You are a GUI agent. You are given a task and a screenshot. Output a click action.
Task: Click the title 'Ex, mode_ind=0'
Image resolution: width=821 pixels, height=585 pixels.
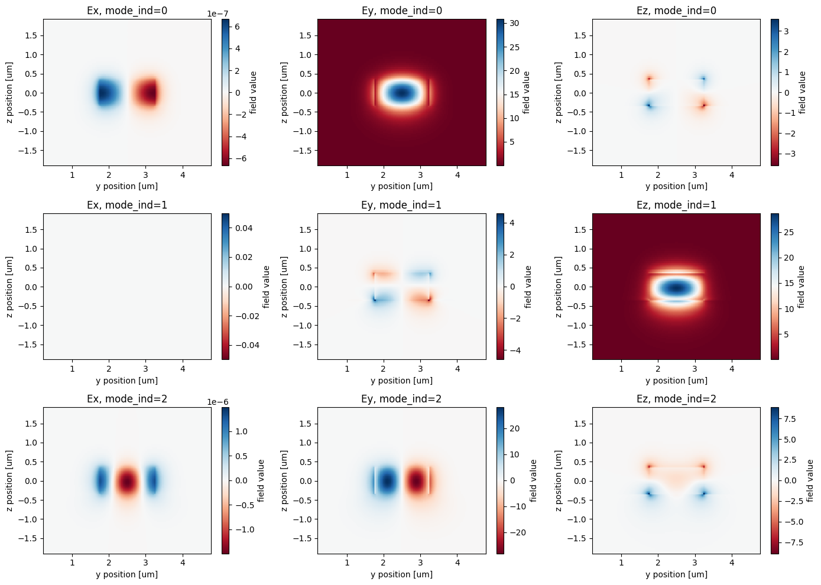tap(127, 11)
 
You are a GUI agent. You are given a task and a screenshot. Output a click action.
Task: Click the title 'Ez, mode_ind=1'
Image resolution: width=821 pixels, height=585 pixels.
tap(676, 205)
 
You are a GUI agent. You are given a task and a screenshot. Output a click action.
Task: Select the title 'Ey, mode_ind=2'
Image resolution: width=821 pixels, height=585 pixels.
tap(401, 399)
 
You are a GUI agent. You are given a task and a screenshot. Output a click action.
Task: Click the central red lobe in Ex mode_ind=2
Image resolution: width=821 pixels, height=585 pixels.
tap(127, 482)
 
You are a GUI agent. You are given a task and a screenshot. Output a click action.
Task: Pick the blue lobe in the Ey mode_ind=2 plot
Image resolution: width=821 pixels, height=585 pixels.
tap(387, 481)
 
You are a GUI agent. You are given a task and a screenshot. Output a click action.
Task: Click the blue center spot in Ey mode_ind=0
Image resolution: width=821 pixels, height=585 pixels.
tap(402, 93)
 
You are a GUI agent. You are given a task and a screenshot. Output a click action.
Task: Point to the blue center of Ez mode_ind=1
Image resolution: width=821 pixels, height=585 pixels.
tap(676, 288)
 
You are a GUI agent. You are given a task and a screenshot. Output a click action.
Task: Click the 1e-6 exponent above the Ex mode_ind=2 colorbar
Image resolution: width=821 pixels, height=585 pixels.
tap(218, 402)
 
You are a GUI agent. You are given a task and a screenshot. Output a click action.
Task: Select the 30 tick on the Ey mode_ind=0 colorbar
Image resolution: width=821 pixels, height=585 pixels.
tap(514, 24)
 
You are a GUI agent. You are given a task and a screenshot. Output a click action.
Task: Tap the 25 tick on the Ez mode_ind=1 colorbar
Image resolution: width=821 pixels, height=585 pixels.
tap(788, 232)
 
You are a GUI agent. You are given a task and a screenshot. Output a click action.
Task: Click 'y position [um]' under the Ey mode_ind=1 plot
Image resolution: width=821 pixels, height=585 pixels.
tap(401, 381)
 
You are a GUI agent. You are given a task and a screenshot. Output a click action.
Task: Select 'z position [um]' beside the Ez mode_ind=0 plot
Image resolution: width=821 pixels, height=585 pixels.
tap(559, 92)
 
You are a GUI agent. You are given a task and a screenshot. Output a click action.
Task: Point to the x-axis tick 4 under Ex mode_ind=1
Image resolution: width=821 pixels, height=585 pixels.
tap(183, 369)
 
